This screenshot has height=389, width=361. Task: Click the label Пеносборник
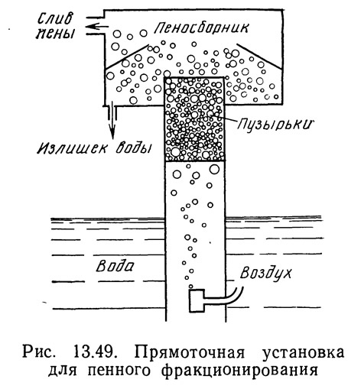click(201, 28)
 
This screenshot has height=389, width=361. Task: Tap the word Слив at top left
click(55, 19)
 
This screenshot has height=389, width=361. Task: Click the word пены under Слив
click(55, 33)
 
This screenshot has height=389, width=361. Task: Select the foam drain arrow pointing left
click(96, 26)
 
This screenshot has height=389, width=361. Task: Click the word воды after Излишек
click(133, 147)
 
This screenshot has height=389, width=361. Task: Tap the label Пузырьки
click(275, 125)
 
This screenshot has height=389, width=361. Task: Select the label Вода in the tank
click(115, 266)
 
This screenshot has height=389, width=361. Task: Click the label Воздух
click(265, 273)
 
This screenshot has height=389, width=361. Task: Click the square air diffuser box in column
click(197, 300)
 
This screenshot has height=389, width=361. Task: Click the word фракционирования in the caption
click(239, 371)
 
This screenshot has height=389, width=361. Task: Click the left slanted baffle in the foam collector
click(127, 57)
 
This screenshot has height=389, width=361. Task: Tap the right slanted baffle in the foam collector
click(259, 56)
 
